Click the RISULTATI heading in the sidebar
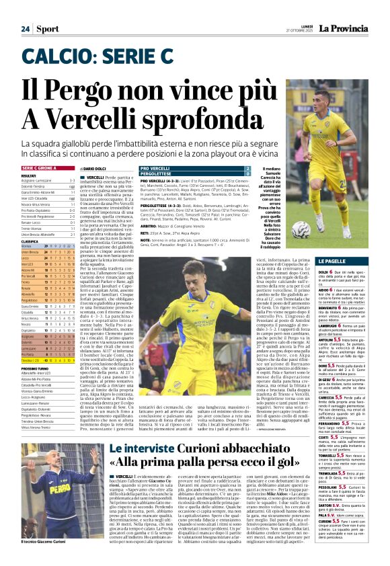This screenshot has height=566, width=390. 29,175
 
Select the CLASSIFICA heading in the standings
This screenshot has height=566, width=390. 30,241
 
